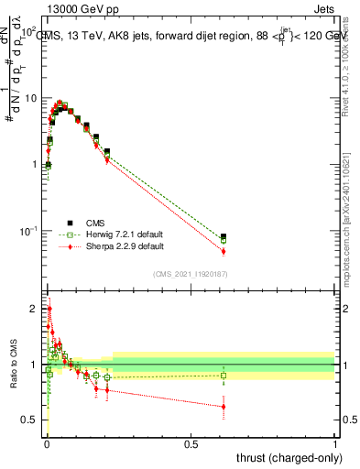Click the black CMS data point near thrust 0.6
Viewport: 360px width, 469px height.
pos(224,236)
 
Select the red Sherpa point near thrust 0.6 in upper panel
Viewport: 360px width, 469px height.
pos(224,251)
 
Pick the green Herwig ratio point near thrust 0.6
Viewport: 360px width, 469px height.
pos(224,375)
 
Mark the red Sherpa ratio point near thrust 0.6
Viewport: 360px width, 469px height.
pos(224,407)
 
